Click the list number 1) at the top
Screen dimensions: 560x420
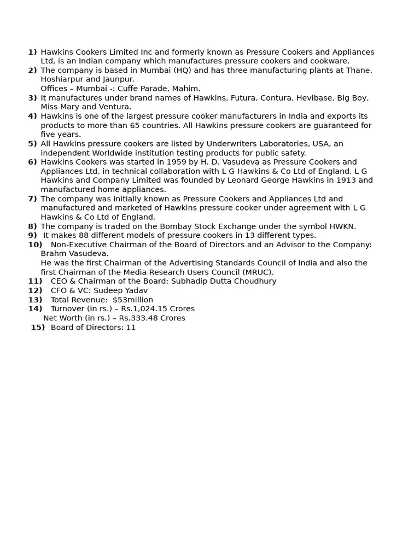pyautogui.click(x=32, y=52)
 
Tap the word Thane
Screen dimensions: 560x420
pyautogui.click(x=359, y=71)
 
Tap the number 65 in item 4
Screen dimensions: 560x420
pyautogui.click(x=131, y=125)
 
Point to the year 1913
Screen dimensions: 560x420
pyautogui.click(x=345, y=180)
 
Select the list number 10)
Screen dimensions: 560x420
pyautogui.click(x=35, y=244)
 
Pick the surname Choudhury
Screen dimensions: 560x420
pyautogui.click(x=256, y=281)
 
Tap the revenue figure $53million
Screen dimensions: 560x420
pyautogui.click(x=133, y=300)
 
